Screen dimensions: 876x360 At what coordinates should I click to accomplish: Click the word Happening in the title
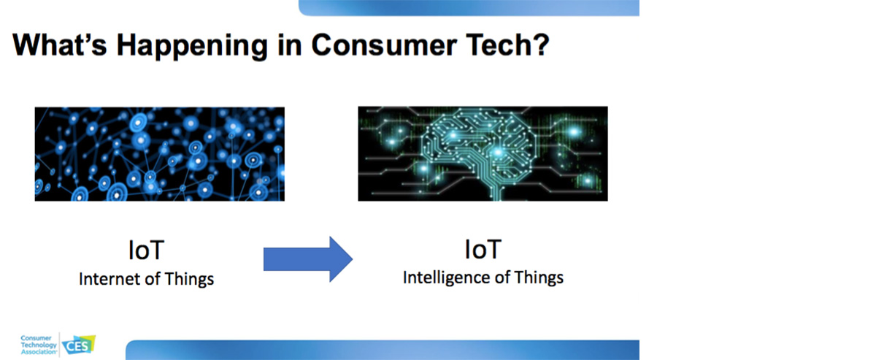click(192, 47)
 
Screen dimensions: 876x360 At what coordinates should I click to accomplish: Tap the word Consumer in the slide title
click(384, 45)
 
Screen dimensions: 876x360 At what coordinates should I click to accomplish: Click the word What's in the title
click(60, 45)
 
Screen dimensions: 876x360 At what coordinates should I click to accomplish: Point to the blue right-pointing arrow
click(308, 259)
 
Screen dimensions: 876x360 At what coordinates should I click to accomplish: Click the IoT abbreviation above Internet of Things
click(146, 250)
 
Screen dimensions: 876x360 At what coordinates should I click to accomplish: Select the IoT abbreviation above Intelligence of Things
click(483, 249)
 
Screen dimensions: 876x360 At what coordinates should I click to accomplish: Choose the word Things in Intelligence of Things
click(539, 278)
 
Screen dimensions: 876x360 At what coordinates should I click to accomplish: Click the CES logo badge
click(79, 345)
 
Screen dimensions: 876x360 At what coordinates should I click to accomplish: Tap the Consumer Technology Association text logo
click(38, 345)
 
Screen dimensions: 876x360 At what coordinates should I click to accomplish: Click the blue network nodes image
click(160, 154)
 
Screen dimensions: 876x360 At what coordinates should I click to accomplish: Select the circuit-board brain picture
click(483, 154)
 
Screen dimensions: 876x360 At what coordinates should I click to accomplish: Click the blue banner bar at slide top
click(469, 8)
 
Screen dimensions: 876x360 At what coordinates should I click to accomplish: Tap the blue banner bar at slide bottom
click(383, 350)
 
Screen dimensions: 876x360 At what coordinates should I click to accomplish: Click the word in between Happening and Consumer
click(290, 45)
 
